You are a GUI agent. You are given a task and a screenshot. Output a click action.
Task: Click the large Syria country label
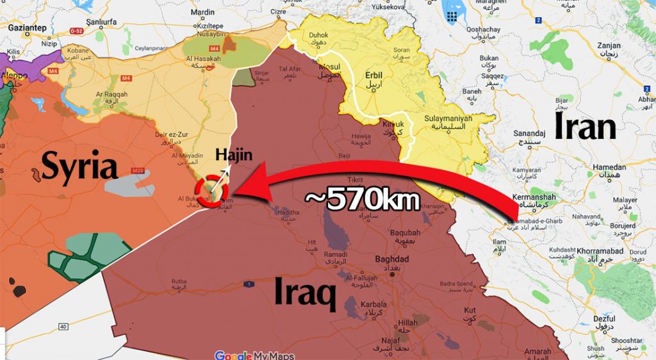click(80, 167)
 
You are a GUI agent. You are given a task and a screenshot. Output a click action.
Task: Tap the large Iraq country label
click(306, 294)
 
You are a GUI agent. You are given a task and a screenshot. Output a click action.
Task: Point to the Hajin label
click(234, 154)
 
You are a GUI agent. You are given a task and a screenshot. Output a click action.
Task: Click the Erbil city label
click(373, 75)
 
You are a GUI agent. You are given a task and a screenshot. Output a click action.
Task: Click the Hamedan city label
click(610, 167)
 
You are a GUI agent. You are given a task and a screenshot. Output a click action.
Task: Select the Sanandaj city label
click(529, 133)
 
